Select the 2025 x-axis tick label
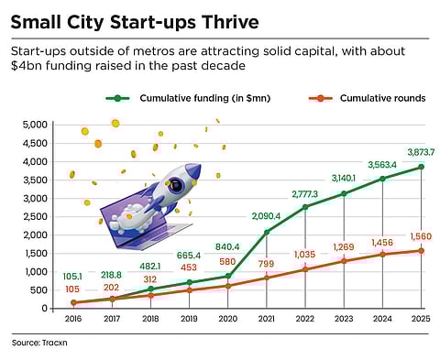coord(420,320)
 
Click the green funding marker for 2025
coord(421,167)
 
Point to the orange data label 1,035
coord(305,255)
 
